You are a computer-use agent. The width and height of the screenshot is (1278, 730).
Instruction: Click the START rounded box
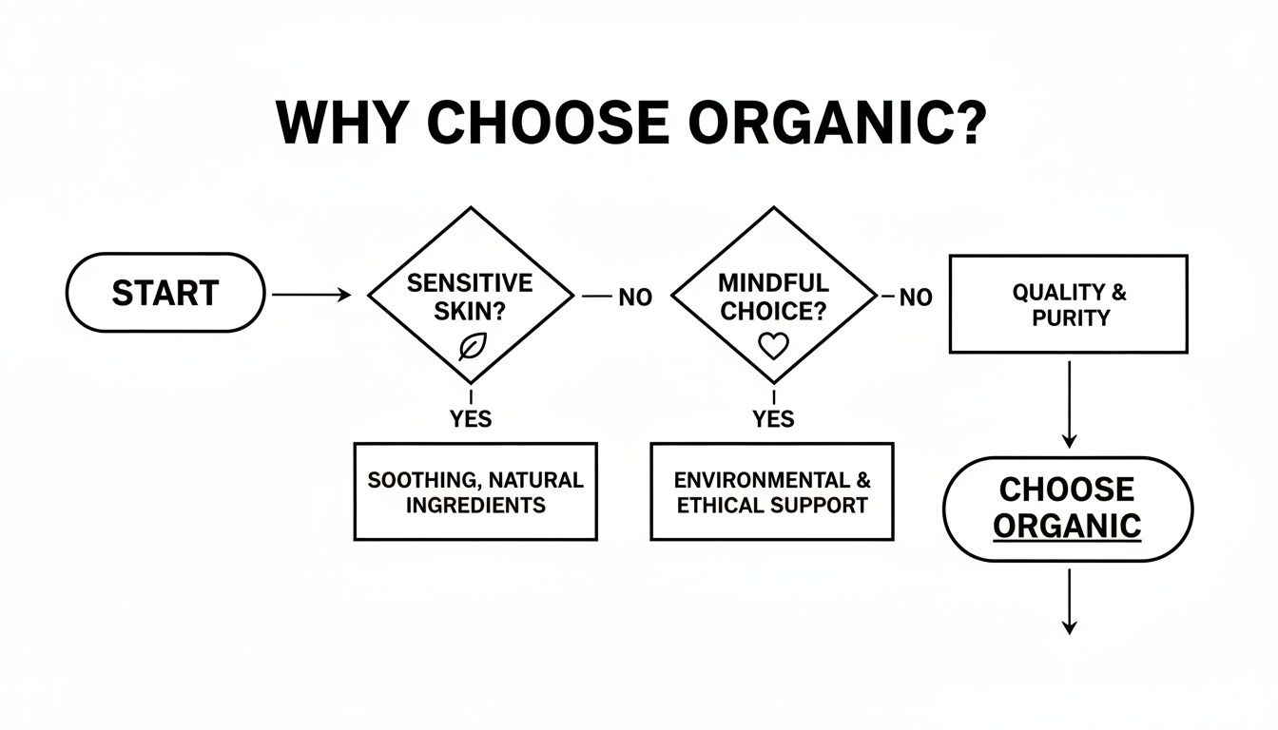(x=165, y=293)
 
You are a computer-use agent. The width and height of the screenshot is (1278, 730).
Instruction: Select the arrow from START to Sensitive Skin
(x=310, y=296)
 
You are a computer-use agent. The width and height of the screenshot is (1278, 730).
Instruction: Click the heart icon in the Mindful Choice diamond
(x=773, y=347)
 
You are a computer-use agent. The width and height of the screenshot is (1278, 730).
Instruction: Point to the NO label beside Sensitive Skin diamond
(x=635, y=298)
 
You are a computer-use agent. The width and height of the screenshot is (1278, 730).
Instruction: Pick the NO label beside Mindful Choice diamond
(x=915, y=298)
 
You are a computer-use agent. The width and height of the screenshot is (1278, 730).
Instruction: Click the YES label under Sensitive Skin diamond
(x=471, y=418)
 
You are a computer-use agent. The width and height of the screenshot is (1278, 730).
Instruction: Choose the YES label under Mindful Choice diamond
(x=773, y=418)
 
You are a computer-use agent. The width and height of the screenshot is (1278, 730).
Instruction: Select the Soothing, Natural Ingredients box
(x=475, y=491)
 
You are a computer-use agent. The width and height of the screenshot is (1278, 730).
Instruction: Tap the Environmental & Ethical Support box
(x=772, y=491)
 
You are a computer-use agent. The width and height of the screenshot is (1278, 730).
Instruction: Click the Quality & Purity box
(x=1069, y=304)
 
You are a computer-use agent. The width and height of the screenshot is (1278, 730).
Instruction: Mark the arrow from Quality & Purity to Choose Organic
(x=1069, y=404)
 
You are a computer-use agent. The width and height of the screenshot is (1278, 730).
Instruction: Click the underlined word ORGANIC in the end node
(x=1067, y=526)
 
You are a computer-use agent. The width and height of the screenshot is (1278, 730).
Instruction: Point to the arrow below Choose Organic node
(x=1069, y=601)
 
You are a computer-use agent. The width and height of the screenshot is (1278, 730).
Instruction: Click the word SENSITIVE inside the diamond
(x=470, y=283)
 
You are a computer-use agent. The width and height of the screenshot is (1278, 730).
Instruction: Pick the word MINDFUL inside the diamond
(x=772, y=283)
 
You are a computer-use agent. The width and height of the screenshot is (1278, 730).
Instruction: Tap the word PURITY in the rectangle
(x=1071, y=318)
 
